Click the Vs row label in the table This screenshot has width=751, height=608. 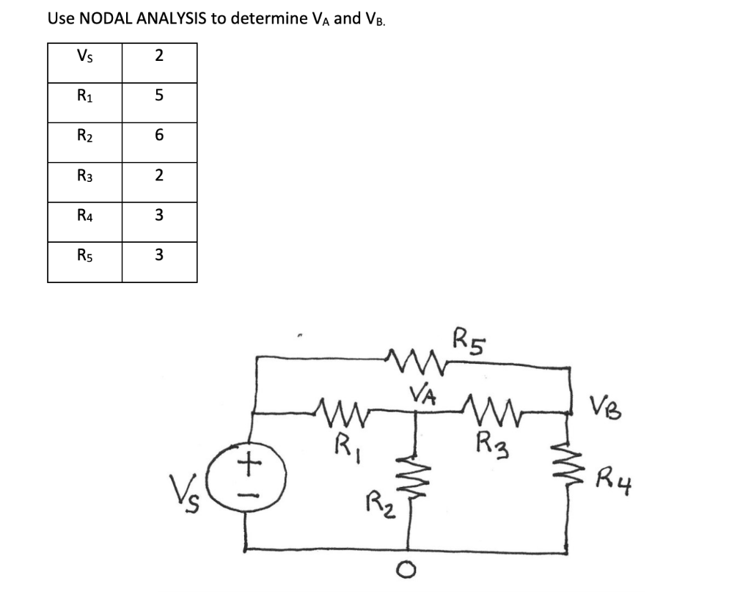84,56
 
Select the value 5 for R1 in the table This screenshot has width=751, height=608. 159,96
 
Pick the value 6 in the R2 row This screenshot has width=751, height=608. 159,136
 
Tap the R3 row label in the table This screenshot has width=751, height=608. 84,176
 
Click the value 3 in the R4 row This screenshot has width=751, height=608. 159,216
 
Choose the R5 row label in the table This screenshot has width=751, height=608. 84,255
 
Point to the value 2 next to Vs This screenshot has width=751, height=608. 159,56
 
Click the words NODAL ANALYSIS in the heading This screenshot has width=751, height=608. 144,18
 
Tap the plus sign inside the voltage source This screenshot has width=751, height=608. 251,463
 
